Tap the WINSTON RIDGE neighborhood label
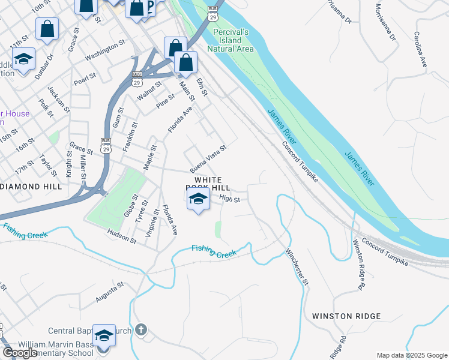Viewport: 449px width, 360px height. (x=346, y=316)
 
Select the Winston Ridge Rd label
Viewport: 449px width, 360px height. (x=359, y=265)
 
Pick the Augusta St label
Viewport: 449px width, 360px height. (x=110, y=291)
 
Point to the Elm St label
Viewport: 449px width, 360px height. (x=202, y=86)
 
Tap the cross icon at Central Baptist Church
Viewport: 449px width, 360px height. (x=141, y=329)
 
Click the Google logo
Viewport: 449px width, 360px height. (x=20, y=353)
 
